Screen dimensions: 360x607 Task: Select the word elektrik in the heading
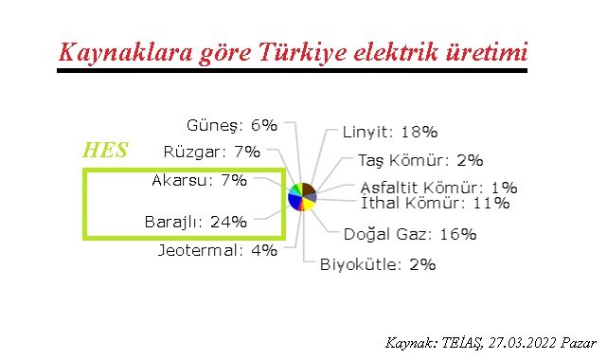click(x=399, y=52)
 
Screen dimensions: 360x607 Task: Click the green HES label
click(x=106, y=151)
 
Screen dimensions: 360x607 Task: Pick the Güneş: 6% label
click(x=232, y=125)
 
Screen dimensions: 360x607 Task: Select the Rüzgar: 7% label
click(x=211, y=152)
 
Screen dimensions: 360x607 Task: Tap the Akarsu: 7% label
click(x=199, y=179)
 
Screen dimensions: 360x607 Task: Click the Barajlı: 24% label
click(x=195, y=223)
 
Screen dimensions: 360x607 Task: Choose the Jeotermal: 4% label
click(x=217, y=250)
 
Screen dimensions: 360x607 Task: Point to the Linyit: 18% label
click(x=389, y=134)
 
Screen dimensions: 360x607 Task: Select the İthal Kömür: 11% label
click(x=435, y=203)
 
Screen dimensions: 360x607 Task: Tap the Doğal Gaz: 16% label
click(x=409, y=234)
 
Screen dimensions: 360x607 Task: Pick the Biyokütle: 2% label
click(x=378, y=264)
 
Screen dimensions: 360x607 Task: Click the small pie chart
click(x=302, y=197)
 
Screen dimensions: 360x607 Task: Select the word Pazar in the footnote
click(x=577, y=343)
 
